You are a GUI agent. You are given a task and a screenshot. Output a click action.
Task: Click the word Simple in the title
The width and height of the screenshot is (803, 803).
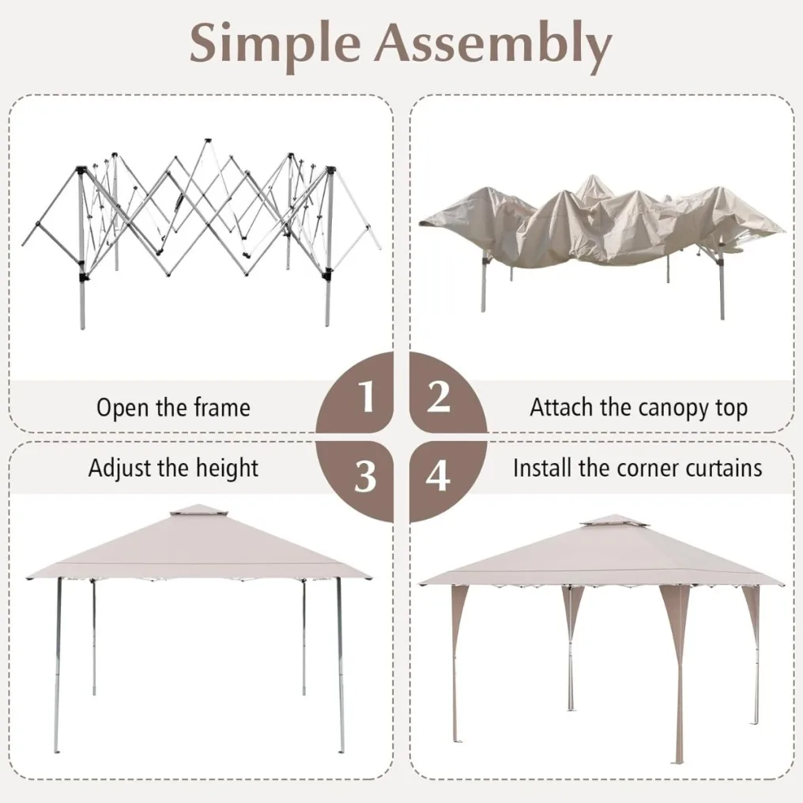(276, 44)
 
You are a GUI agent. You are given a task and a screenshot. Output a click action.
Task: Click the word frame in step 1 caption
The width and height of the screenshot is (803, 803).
(222, 408)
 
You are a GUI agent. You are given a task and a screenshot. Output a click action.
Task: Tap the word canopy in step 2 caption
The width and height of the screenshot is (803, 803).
(670, 408)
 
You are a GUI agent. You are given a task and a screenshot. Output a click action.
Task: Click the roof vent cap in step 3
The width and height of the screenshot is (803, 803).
(199, 511)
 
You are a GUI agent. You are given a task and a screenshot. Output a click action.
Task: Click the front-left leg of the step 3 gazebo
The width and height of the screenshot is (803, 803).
(58, 665)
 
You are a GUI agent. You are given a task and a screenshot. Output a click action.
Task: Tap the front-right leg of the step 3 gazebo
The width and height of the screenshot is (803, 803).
(340, 665)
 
